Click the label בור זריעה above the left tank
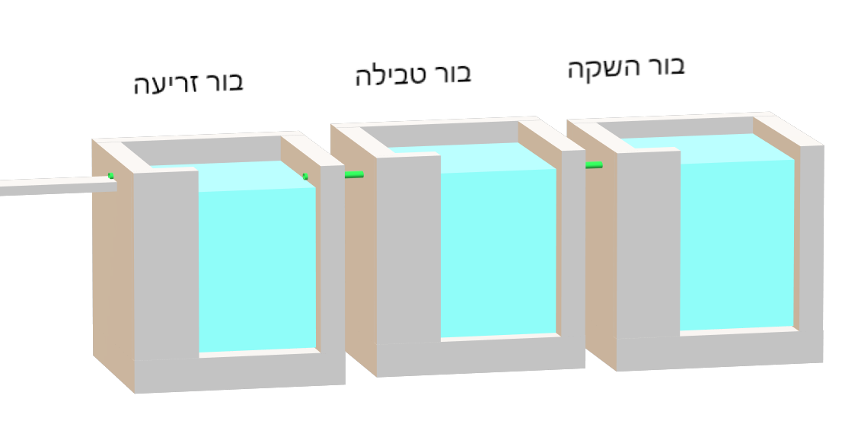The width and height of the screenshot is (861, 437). point(189,82)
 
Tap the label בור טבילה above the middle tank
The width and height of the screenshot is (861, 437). point(413,74)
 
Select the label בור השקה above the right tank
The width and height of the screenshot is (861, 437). point(626,68)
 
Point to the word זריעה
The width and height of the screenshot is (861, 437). point(164,83)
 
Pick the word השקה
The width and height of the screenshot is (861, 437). point(601,69)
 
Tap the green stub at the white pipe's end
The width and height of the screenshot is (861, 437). point(111,177)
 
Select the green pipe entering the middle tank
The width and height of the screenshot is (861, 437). point(354,175)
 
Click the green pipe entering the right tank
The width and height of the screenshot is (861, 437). point(594,165)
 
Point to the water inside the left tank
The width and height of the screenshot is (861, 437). point(257,266)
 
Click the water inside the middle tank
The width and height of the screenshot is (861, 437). point(499,251)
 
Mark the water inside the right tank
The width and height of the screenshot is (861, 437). point(737,244)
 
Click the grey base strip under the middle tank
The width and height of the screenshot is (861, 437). point(480,358)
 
